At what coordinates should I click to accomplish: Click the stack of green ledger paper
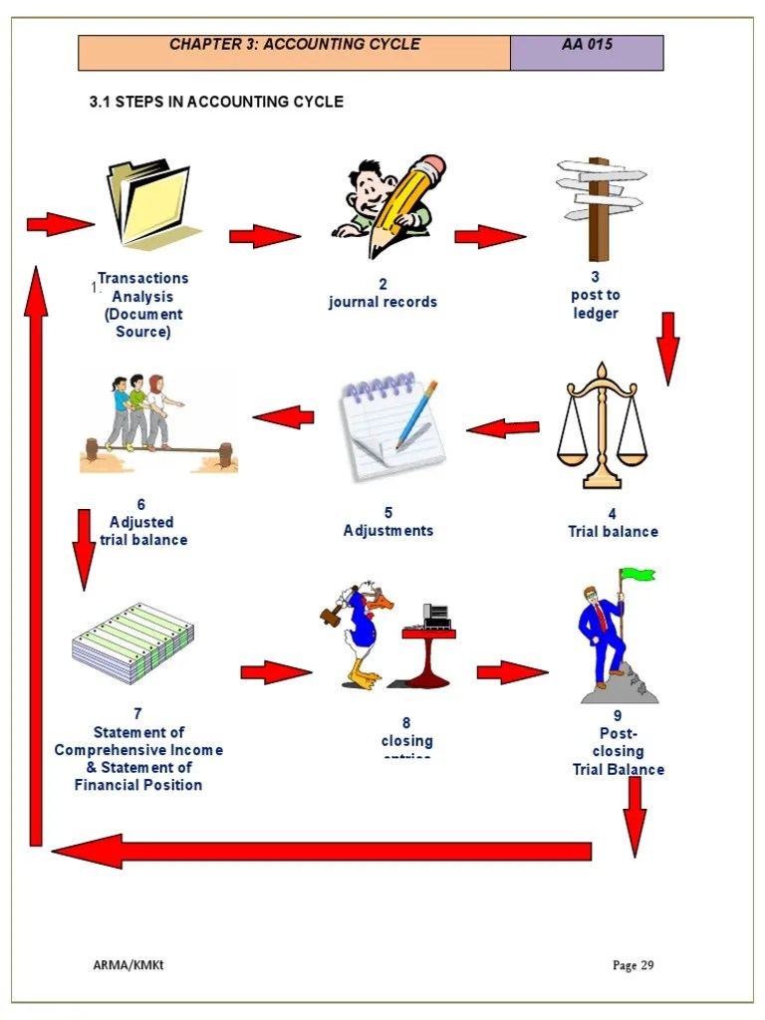coord(132,642)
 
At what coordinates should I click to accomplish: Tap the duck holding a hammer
coord(360,635)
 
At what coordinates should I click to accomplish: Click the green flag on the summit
coord(637,575)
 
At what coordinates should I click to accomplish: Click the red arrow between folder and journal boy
coord(264,236)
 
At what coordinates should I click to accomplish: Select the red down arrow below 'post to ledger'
coord(667,348)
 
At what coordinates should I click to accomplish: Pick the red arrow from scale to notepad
coord(503,428)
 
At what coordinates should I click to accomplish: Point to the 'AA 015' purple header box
coord(587,53)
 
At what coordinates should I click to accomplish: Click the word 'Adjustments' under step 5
coord(388,531)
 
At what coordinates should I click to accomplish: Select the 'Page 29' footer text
coord(634,965)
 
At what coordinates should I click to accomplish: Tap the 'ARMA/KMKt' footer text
coord(122,964)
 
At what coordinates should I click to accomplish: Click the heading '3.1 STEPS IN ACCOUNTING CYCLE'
coord(216,102)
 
